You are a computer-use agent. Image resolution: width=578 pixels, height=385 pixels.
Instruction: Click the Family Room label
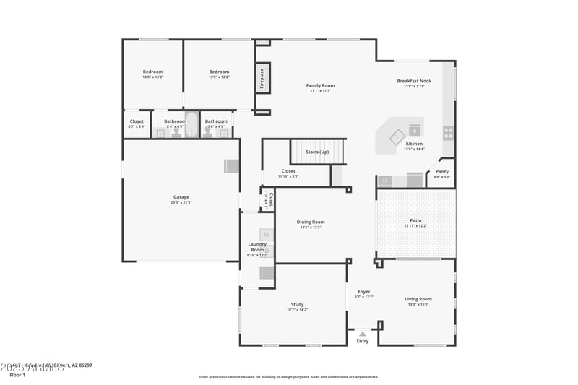(320, 85)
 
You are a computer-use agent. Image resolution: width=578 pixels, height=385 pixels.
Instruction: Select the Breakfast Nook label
(414, 81)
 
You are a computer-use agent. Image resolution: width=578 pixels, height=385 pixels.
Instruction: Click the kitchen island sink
(397, 135)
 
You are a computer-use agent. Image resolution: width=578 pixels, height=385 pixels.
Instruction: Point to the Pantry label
(441, 172)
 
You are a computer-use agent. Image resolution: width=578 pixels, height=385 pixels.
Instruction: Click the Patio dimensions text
(415, 226)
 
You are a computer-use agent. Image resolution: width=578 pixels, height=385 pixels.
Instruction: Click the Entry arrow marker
(362, 334)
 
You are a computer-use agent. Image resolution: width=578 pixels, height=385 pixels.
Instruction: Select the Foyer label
(363, 292)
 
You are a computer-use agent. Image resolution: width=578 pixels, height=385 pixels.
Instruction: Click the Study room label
(296, 305)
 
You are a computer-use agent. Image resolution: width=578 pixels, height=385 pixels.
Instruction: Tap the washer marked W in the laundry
(266, 234)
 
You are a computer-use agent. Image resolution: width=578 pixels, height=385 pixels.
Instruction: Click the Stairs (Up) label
(317, 152)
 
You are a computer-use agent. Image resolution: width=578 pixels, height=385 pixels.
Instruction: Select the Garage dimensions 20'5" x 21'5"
(181, 202)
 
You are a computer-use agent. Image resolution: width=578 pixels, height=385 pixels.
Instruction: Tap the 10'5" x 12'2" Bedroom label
(152, 72)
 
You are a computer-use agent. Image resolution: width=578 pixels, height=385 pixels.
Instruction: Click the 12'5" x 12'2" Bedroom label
(219, 72)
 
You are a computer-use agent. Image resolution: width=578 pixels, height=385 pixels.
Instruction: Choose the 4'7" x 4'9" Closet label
(137, 121)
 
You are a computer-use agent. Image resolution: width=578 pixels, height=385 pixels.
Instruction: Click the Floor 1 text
(17, 375)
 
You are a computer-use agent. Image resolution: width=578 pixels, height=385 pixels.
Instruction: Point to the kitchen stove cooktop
(448, 132)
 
